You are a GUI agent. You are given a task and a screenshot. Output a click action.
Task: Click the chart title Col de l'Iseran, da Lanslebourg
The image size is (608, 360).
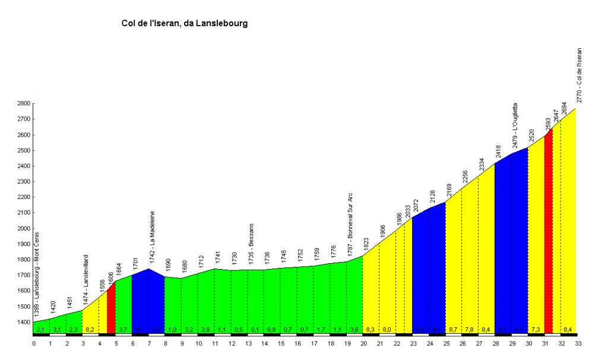point(184,24)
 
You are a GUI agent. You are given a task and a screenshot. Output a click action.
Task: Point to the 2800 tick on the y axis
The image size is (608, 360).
point(24,103)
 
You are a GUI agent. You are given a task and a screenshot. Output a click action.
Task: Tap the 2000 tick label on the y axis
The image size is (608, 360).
point(24,229)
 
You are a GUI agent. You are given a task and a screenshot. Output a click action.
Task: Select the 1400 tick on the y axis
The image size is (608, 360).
point(24,323)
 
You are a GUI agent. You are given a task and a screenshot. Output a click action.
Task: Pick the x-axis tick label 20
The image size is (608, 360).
point(362,343)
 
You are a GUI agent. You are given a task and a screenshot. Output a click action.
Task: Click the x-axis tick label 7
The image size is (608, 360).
point(149,343)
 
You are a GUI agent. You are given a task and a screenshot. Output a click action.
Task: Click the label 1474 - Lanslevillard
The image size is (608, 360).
point(86,277)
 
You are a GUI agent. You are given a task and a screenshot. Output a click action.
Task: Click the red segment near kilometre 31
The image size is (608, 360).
point(549,238)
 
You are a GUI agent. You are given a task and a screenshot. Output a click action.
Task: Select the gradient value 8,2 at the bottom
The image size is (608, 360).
point(90,329)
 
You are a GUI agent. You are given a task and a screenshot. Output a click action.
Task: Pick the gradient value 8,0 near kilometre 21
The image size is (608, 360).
point(386,329)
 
